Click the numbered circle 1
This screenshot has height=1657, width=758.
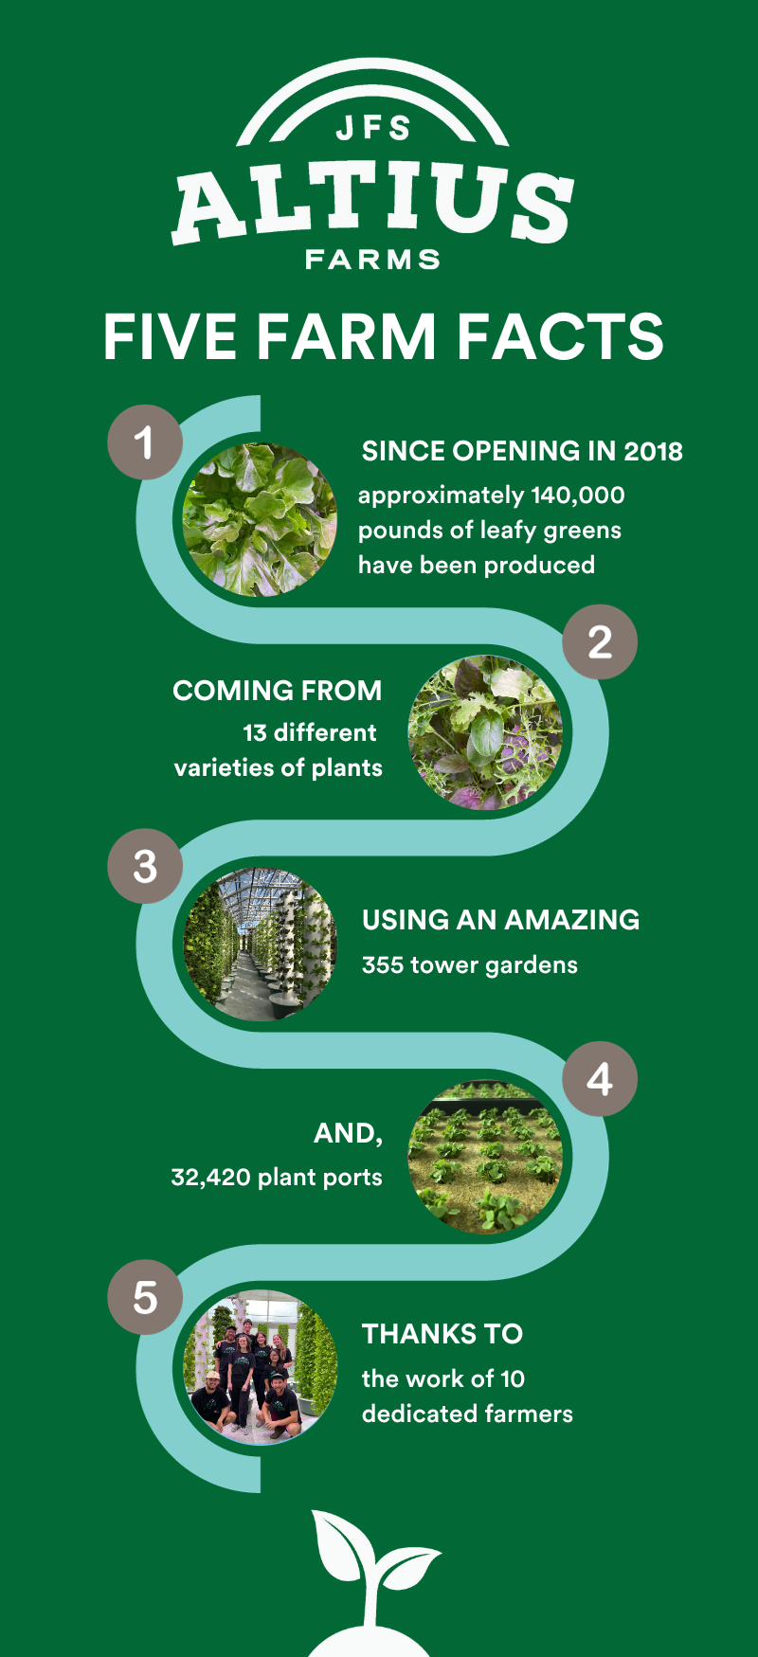145,441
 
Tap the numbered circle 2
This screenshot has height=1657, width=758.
600,642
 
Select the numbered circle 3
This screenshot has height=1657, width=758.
145,866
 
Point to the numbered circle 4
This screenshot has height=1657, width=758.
600,1079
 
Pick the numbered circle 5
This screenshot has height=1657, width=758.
145,1297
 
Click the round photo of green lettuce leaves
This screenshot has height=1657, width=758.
260,519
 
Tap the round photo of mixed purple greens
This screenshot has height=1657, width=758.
485,732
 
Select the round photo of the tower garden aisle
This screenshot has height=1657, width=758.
260,944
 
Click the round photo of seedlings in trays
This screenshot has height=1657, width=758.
485,1157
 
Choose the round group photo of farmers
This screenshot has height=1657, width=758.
260,1367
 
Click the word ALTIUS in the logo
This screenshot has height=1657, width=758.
373,203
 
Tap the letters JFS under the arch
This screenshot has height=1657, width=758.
373,128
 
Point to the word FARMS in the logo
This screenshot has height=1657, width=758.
373,260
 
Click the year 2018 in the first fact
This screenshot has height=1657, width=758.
653,451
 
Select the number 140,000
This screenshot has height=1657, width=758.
578,495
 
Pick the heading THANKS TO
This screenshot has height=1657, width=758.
442,1334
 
